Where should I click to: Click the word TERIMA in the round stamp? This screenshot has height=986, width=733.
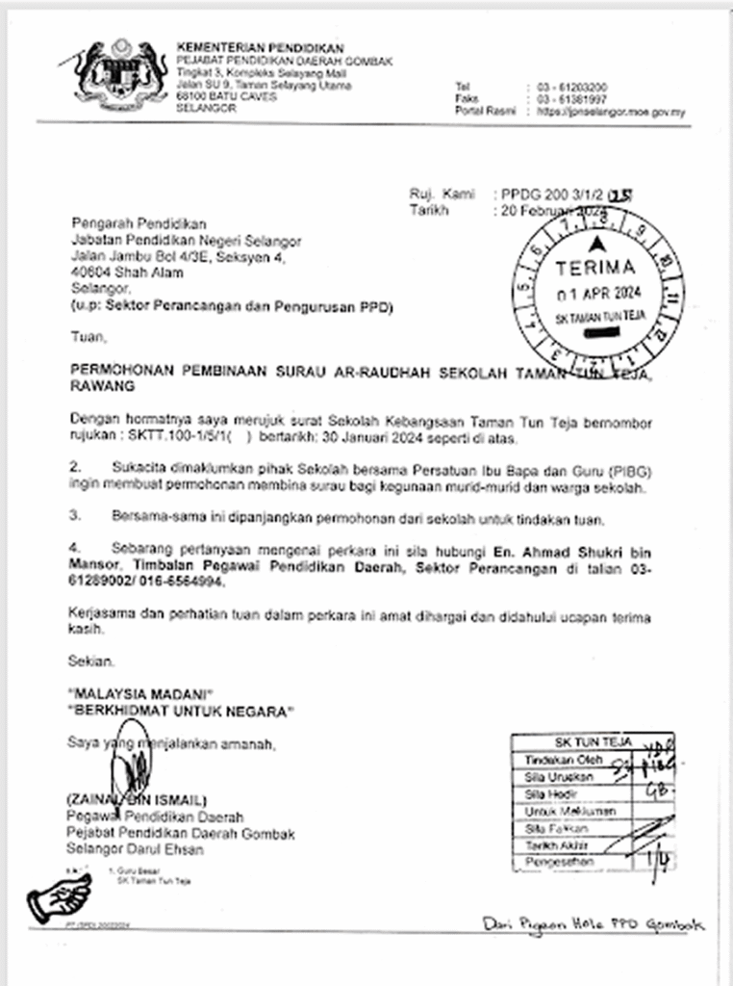(x=595, y=267)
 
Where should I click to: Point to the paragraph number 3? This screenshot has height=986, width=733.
(x=75, y=520)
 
